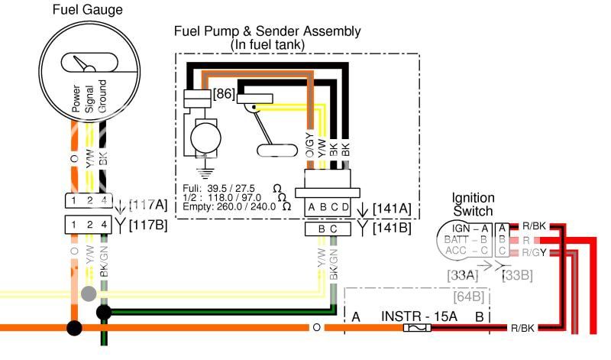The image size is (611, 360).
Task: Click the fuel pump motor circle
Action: tap(205, 138)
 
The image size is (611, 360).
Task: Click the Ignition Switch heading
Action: tap(474, 204)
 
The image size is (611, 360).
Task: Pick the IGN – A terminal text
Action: tap(470, 227)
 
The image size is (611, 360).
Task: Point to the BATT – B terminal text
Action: tap(467, 239)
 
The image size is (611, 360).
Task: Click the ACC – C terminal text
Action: tap(468, 251)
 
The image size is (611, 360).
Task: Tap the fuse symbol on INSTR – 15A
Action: tap(417, 327)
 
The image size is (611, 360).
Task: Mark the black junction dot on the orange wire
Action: tap(74, 329)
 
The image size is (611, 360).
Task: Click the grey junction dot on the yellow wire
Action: tap(89, 293)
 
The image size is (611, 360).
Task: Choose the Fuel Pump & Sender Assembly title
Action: tap(267, 38)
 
